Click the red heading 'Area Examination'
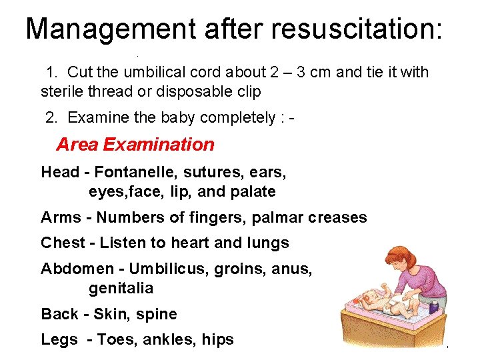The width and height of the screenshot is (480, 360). pos(135,144)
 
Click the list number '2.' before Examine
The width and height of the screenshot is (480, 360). pos(52,118)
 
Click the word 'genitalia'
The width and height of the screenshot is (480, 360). pos(121,289)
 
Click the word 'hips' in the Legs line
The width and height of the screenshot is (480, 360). pos(217,340)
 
